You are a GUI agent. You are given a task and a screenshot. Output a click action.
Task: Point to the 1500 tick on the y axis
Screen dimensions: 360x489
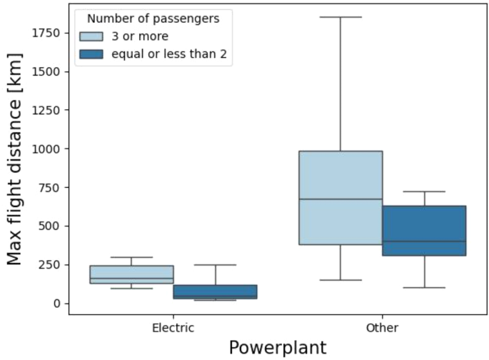click(x=46, y=71)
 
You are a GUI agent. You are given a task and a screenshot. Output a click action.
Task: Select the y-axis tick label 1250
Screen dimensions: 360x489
click(x=46, y=110)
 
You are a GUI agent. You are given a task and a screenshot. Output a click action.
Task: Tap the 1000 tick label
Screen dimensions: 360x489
click(x=46, y=149)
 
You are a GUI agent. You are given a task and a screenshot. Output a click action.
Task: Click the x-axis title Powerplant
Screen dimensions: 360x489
click(x=277, y=348)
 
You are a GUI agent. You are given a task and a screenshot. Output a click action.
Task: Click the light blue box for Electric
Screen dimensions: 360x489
click(x=131, y=274)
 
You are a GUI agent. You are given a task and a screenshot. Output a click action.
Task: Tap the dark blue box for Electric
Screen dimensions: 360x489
click(x=215, y=291)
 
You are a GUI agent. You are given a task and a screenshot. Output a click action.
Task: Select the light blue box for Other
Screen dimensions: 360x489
click(x=341, y=198)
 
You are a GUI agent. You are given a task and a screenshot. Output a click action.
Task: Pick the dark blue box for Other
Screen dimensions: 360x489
click(x=424, y=231)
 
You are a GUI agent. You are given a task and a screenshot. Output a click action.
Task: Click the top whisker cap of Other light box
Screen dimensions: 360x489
click(x=341, y=16)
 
